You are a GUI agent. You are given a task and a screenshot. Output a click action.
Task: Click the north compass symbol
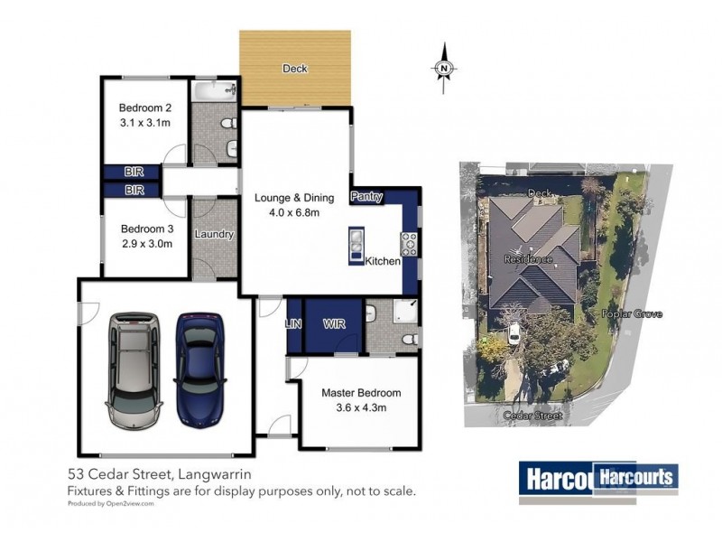coord(444,66)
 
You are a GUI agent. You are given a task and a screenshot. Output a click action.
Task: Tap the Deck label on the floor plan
coord(294,69)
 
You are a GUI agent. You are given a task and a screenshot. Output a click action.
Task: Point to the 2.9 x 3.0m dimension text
coord(146,243)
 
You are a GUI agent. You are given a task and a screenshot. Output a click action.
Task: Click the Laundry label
coord(214,234)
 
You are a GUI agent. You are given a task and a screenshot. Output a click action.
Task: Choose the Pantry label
coord(366,196)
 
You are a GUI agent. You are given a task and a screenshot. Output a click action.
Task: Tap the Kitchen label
coord(383,261)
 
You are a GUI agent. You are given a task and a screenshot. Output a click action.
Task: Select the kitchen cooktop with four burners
coord(409,243)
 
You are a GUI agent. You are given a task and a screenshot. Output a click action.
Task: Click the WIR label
coord(334,323)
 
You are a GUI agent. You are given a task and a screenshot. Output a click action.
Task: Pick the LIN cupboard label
coord(292,323)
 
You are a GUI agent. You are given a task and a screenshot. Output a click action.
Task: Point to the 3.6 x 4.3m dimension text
coord(361,408)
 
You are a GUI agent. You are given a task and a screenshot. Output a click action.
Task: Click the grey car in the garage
coord(134,370)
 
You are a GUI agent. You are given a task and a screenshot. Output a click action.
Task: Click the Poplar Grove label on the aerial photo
coord(632,314)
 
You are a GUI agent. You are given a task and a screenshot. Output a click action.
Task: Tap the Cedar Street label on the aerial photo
coord(536,416)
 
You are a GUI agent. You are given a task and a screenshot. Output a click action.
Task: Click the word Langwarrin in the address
coord(218,474)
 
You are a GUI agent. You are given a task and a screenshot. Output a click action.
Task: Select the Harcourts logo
coord(597,477)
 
